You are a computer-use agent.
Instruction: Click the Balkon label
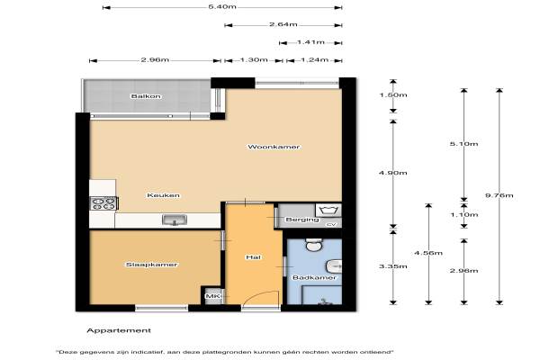(x=146, y=96)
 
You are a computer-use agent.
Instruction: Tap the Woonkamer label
(x=274, y=147)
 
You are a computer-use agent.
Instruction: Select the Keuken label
(x=163, y=195)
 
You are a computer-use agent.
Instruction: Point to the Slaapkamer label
(x=151, y=265)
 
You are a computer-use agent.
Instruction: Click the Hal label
(x=254, y=257)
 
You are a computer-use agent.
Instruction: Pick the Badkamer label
(x=314, y=277)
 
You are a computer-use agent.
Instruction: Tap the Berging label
(x=302, y=220)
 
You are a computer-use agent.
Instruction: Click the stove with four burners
(x=103, y=203)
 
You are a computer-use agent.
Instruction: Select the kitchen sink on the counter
(x=175, y=220)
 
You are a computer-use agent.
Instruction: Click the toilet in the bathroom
(x=314, y=244)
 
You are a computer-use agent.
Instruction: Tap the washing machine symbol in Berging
(x=328, y=210)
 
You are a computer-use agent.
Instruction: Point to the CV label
(x=331, y=225)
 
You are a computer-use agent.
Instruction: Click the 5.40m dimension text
(x=222, y=6)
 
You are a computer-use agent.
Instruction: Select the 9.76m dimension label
(x=499, y=195)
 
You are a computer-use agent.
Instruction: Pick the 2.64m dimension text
(x=283, y=24)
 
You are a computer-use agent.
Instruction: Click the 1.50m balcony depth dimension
(x=393, y=94)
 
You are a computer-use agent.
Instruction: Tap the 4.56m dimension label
(x=428, y=253)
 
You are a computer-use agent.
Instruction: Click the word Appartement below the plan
(x=119, y=330)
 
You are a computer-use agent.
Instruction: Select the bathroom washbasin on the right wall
(x=334, y=266)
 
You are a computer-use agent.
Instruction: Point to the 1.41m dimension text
(x=310, y=42)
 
